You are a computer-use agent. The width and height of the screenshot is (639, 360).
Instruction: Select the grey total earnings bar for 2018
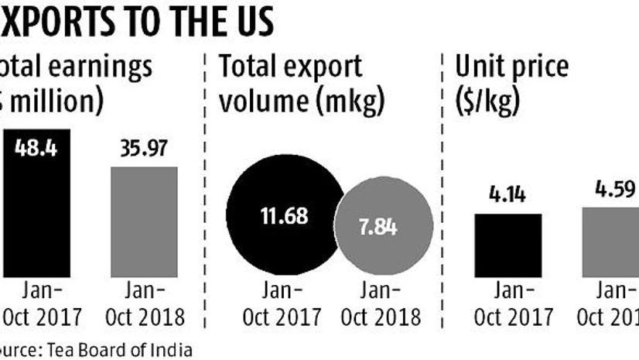144,221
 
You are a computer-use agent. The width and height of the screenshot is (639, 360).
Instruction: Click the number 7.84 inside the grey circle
384,228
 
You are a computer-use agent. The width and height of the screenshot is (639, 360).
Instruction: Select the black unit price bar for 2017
507,244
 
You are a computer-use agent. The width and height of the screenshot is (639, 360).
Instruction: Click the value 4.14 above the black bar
507,194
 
